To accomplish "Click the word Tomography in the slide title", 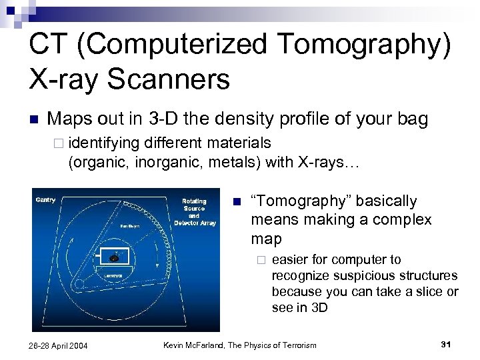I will point(356,45).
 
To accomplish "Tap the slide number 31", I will point(446,344).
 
